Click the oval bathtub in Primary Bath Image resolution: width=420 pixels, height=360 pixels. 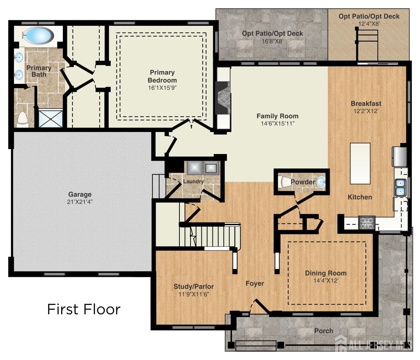point(38,35)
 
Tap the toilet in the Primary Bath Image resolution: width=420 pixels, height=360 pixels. point(22,119)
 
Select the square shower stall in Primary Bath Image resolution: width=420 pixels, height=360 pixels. point(51,119)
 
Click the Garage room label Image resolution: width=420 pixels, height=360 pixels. point(80,194)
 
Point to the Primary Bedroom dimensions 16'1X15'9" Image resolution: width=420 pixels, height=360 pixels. point(162,88)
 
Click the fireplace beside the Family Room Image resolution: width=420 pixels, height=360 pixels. point(223,98)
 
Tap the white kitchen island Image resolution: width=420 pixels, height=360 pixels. point(360,163)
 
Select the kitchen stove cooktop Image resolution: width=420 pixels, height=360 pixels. point(367,223)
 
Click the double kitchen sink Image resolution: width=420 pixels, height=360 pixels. point(400,187)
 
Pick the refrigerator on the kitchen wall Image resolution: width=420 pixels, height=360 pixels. point(400,156)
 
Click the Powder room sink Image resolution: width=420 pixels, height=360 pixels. point(321,182)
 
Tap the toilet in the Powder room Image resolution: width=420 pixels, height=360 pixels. point(284,182)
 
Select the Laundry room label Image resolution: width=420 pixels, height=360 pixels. point(193,181)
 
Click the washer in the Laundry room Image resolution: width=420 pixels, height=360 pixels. point(194,167)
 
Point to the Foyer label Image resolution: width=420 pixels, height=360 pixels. point(255,283)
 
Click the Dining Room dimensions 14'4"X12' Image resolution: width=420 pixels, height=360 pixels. point(325,281)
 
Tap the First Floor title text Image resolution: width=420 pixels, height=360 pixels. point(84,309)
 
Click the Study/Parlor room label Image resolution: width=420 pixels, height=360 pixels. point(194,286)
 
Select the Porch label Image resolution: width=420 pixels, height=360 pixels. point(323,331)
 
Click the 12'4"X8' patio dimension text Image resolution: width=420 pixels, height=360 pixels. point(369,24)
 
